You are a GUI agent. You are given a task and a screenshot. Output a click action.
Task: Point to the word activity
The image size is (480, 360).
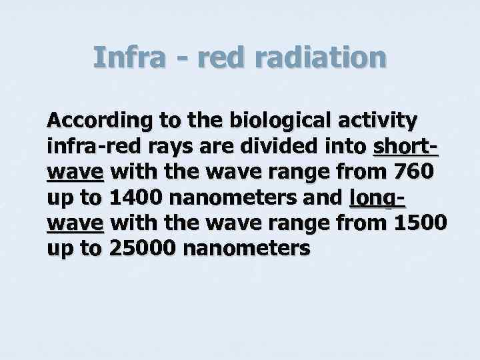point(379,121)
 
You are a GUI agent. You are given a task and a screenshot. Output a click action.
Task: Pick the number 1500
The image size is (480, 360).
point(421,223)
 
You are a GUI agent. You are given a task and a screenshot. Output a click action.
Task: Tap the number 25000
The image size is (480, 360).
point(141,248)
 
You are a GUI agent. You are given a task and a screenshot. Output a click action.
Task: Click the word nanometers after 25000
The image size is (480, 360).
point(245,248)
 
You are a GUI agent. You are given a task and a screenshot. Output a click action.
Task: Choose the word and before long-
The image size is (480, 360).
point(323,197)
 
